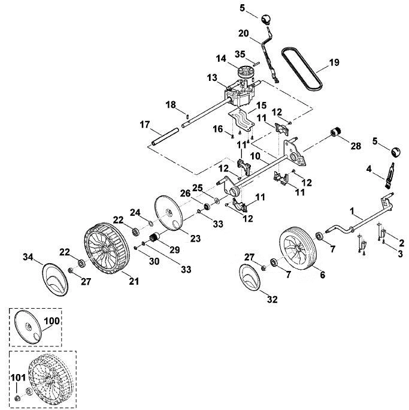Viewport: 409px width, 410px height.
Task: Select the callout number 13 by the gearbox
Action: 212,78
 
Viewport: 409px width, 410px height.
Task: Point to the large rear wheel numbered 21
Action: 107,248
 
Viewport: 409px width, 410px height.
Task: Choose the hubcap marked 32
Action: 250,277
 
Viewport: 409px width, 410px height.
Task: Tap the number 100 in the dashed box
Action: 51,321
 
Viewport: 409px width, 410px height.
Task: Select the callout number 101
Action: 19,378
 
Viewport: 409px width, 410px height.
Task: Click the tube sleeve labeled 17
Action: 165,135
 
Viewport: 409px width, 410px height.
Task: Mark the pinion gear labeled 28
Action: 335,131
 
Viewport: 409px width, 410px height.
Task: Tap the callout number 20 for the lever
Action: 243,34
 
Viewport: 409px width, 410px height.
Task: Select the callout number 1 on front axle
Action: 352,211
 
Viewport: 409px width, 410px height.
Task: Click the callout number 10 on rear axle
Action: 255,156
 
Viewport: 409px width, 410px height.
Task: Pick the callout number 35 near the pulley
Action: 240,54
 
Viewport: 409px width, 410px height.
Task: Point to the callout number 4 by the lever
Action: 368,169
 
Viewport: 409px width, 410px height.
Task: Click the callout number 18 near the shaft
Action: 171,105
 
